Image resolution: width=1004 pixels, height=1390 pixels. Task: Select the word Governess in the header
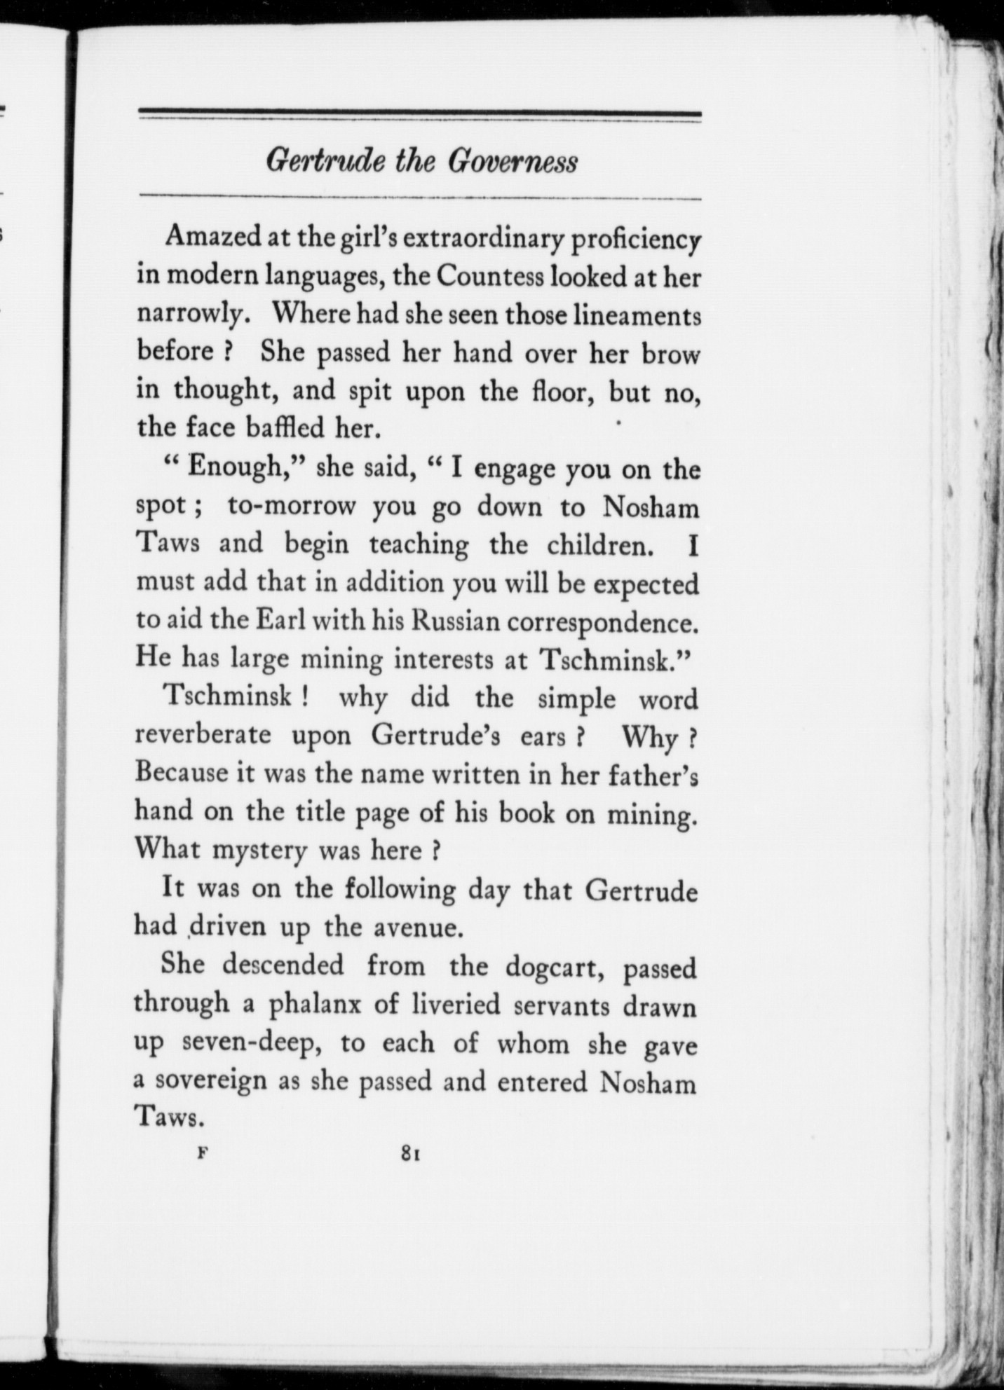513,162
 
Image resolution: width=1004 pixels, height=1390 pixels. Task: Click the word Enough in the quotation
235,467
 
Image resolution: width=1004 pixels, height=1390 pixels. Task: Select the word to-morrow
292,506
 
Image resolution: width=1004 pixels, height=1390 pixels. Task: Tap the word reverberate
203,736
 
